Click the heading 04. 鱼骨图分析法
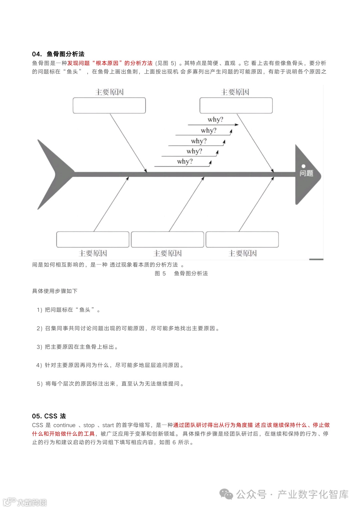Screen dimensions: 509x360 coord(58,54)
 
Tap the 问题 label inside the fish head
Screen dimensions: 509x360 coord(306,173)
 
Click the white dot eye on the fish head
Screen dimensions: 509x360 coord(303,166)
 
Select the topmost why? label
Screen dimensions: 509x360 coord(215,119)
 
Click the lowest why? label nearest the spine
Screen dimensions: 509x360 coord(185,161)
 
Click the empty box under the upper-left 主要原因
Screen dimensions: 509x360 coord(109,105)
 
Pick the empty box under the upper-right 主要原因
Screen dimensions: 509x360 coord(236,105)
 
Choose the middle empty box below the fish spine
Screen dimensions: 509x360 coord(167,239)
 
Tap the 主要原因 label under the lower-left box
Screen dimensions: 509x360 coord(93,253)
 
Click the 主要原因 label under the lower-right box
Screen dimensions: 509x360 coord(242,253)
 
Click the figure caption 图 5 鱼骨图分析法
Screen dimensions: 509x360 coord(181,274)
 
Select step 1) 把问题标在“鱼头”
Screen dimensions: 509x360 coord(68,310)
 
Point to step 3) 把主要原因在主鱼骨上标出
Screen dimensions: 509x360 coord(77,347)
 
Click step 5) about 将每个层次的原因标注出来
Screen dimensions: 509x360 coord(110,384)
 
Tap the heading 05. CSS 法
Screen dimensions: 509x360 coord(49,416)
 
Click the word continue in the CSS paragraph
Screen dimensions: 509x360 coord(64,425)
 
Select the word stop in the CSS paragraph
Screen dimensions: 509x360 coord(89,425)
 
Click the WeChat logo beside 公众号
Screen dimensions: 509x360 coord(227,494)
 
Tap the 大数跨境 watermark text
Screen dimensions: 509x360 coord(32,502)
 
